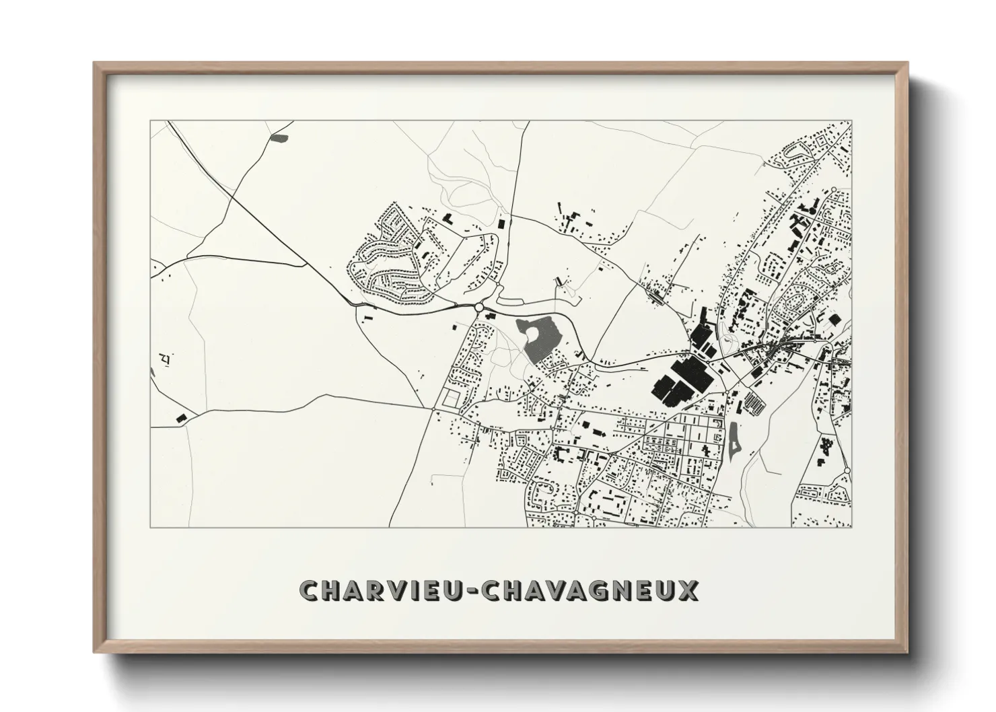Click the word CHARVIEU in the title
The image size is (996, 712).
382,591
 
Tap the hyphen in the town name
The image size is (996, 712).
473,592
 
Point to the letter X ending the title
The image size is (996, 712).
689,591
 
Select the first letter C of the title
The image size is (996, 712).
309,591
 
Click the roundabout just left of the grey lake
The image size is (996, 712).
478,308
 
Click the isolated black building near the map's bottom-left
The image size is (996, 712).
180,418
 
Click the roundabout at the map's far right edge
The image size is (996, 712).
847,470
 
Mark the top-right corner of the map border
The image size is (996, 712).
851,121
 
